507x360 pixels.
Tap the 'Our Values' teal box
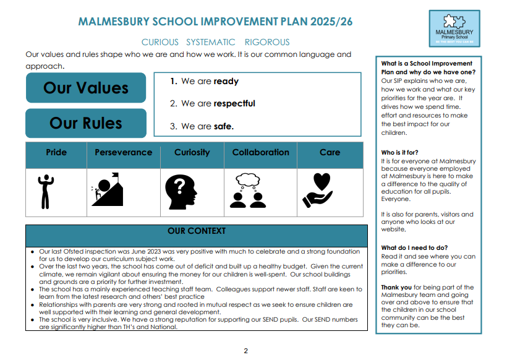point(86,88)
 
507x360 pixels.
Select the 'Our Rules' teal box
point(86,123)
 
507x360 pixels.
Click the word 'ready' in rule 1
point(226,81)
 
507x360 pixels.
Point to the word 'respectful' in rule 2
point(234,103)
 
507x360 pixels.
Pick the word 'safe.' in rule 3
point(224,126)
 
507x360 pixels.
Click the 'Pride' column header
point(56,152)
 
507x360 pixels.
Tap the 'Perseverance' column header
point(123,152)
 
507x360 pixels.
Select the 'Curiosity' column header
point(192,152)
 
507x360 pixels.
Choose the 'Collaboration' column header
point(260,152)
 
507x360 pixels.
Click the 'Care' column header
point(330,152)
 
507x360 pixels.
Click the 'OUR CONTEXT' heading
point(197,231)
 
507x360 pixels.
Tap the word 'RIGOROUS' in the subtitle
point(267,42)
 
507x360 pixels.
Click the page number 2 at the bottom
point(245,351)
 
